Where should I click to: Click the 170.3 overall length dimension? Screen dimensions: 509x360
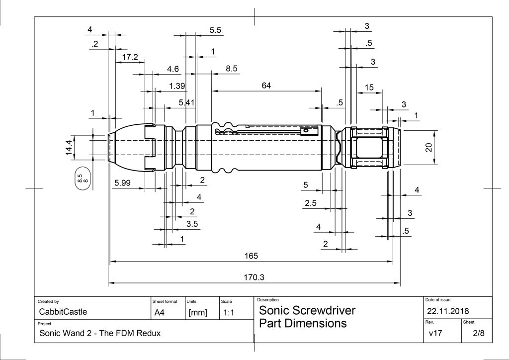coord(254,277)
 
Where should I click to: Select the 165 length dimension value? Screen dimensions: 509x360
coord(251,256)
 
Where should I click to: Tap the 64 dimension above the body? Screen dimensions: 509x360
coord(266,86)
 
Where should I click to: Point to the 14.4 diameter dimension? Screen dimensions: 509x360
coord(69,147)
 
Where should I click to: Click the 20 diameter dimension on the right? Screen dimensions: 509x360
coord(429,147)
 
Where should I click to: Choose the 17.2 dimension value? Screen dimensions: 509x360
coord(130,58)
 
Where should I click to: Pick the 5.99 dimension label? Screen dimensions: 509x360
coord(122,183)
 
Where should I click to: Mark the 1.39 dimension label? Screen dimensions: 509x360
coord(177,86)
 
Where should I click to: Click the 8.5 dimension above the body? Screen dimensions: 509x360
coord(232,69)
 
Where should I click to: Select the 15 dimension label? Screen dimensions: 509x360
coord(369,88)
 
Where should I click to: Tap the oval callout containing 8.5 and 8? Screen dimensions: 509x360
coord(83,178)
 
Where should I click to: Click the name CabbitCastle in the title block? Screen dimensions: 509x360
coord(63,312)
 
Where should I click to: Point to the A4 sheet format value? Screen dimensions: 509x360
coord(160,313)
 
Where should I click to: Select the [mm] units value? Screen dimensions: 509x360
coord(198,313)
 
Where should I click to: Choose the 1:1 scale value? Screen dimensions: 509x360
coord(229,313)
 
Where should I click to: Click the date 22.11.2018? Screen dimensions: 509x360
coord(448,311)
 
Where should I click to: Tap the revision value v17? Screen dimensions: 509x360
coord(435,333)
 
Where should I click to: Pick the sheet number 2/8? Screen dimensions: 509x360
coord(479,333)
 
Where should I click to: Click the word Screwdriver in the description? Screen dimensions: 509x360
coord(324,311)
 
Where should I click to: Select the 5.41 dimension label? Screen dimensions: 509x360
coord(187,102)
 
